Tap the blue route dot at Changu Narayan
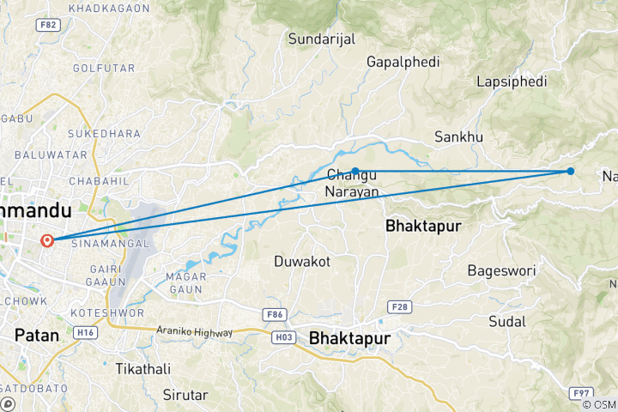[x=355, y=171]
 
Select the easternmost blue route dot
[x=571, y=171]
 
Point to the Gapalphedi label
[x=403, y=62]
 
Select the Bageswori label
[x=501, y=270]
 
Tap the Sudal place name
[x=506, y=321]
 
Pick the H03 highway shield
[x=285, y=337]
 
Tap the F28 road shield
[x=399, y=306]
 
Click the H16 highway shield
[x=85, y=332]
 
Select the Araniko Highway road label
[x=195, y=331]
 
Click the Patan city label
[x=37, y=335]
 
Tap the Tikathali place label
[x=142, y=368]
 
